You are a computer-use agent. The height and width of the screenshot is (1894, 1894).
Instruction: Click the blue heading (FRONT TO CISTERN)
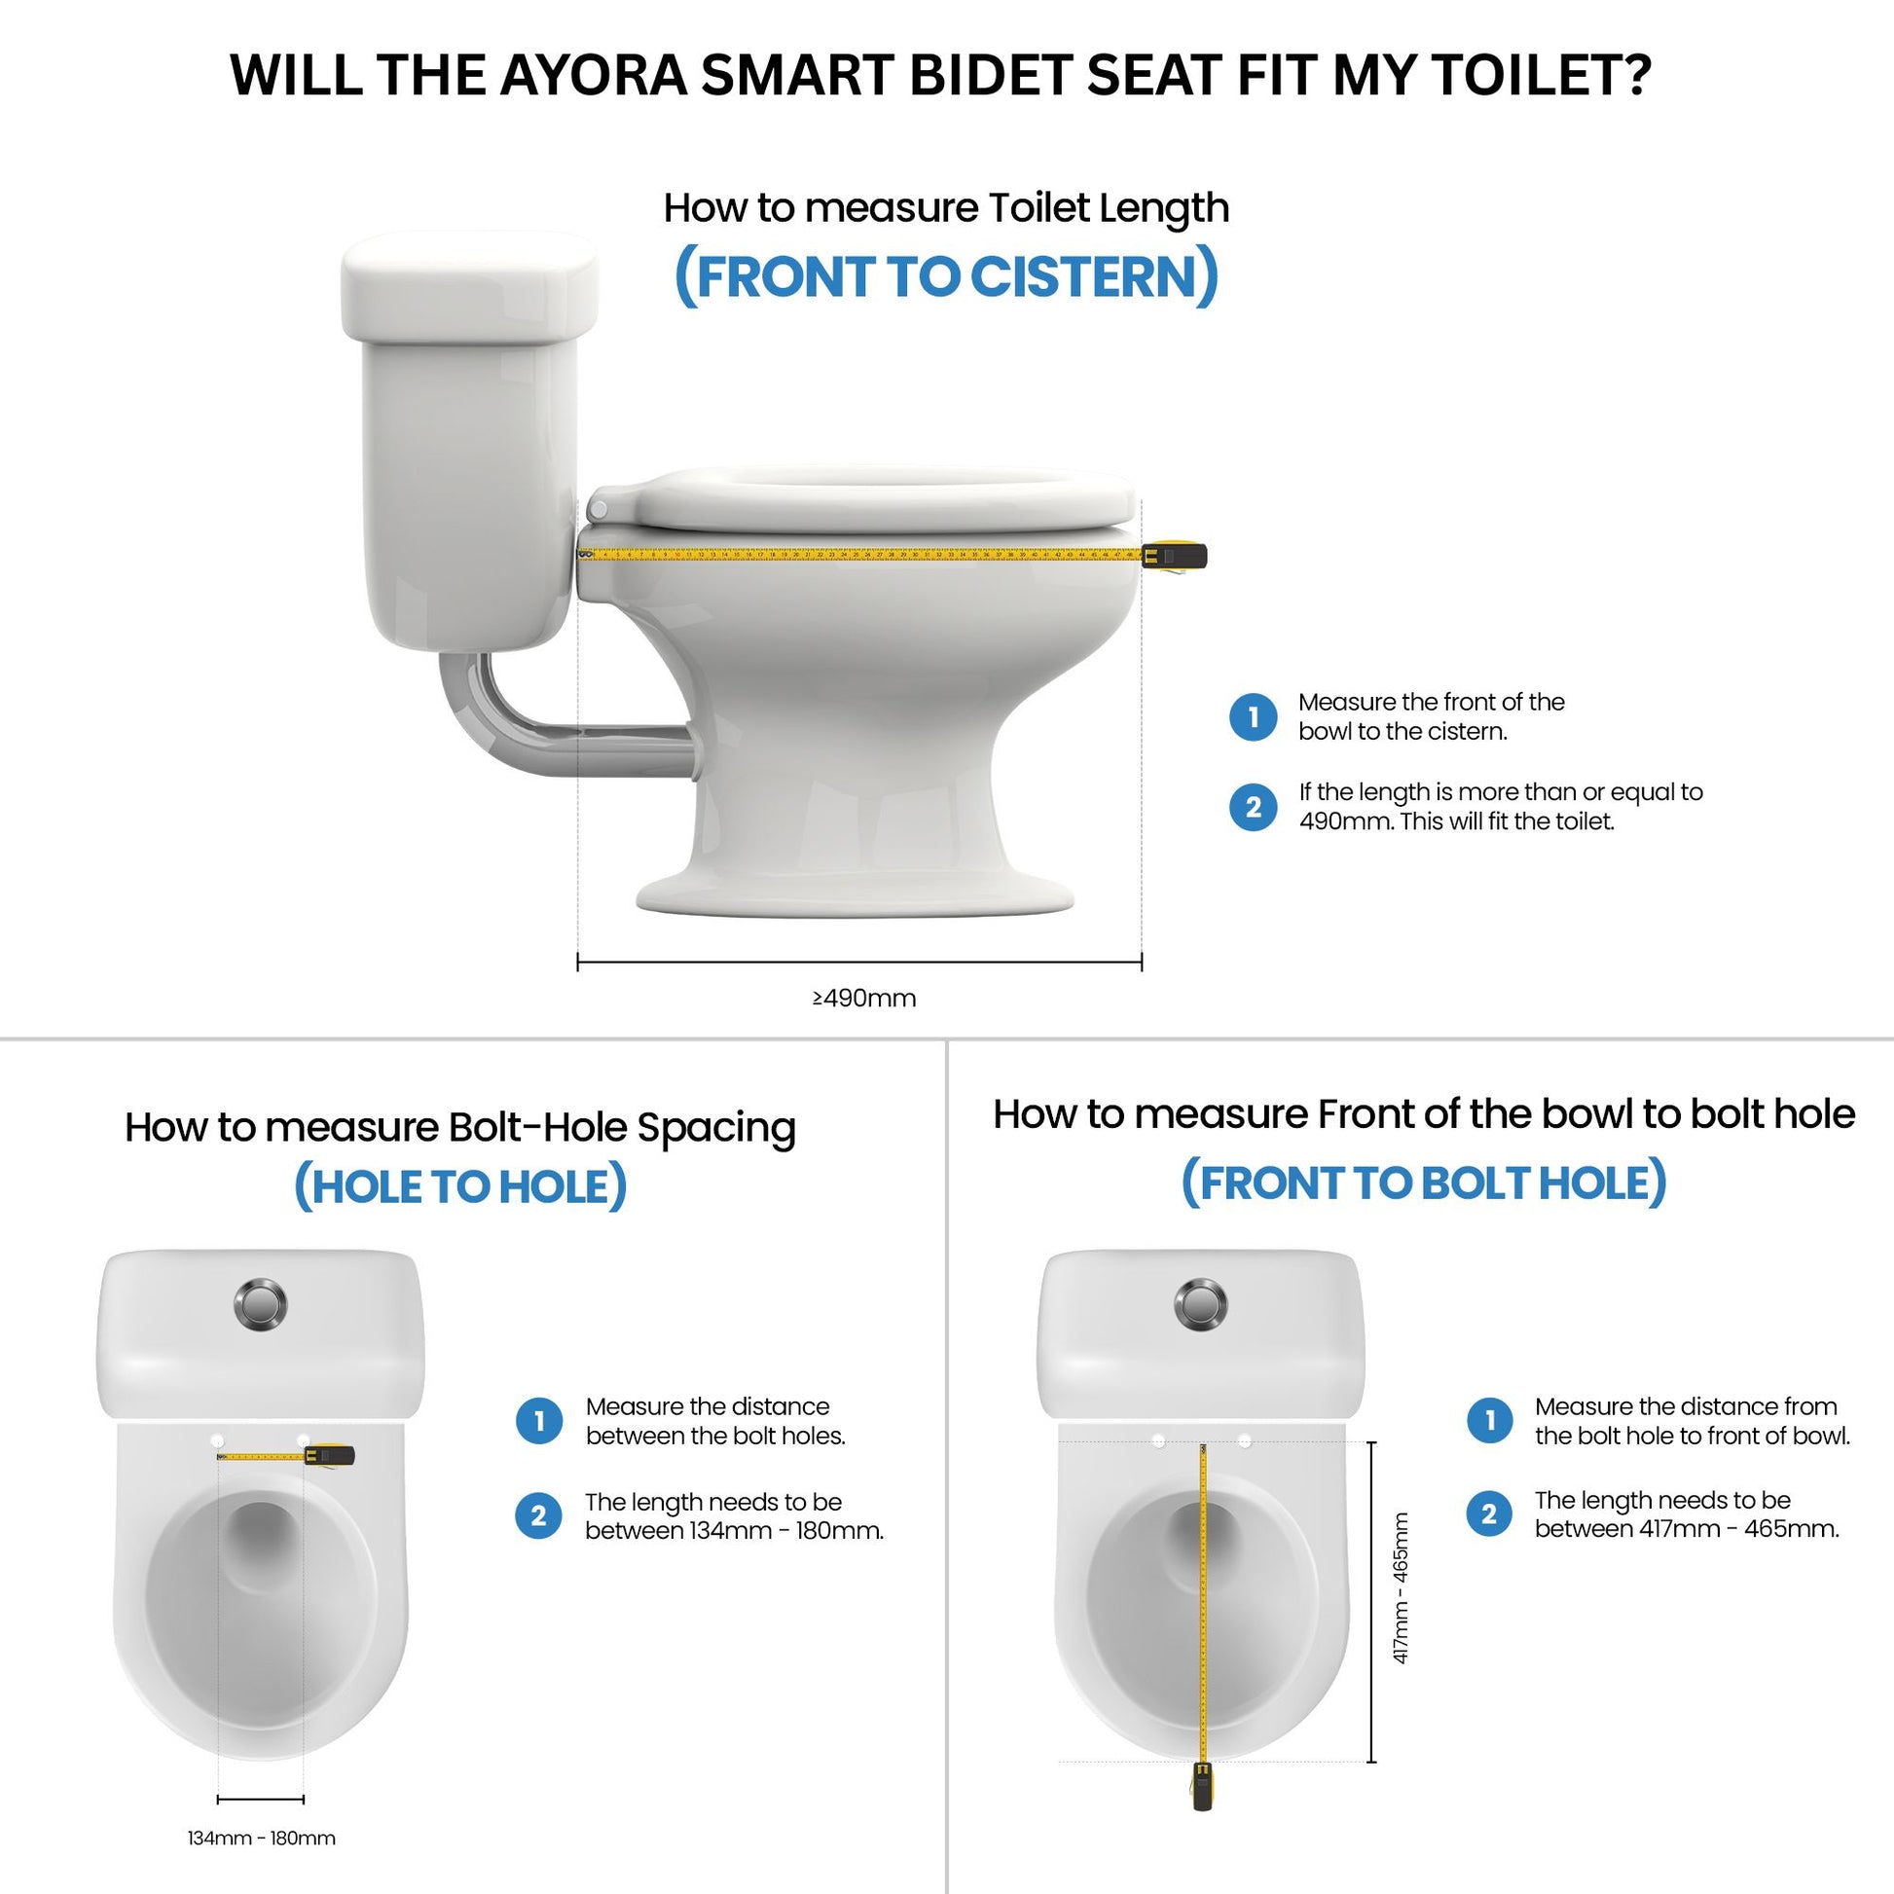[946, 276]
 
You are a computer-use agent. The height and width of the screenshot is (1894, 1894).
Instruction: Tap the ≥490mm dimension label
[863, 998]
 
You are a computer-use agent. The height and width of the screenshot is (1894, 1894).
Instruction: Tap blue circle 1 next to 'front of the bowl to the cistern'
[1253, 716]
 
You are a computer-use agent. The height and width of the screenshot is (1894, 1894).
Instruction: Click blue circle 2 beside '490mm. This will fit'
[1253, 807]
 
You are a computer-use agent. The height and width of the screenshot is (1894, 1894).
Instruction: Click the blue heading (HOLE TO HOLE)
[459, 1186]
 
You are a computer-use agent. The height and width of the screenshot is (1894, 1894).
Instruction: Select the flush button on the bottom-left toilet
[261, 1304]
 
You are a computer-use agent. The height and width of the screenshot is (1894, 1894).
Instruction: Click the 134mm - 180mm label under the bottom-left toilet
[261, 1839]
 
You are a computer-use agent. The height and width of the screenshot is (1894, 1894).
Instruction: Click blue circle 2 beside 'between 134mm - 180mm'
[538, 1515]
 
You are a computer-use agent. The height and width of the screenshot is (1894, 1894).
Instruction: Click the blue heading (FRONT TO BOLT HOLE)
[1423, 1183]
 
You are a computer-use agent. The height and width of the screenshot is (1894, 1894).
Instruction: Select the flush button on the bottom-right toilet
[1200, 1304]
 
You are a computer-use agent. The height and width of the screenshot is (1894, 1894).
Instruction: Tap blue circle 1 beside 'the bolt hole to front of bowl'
[1490, 1421]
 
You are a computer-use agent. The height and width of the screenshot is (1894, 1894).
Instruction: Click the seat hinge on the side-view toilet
[598, 509]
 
